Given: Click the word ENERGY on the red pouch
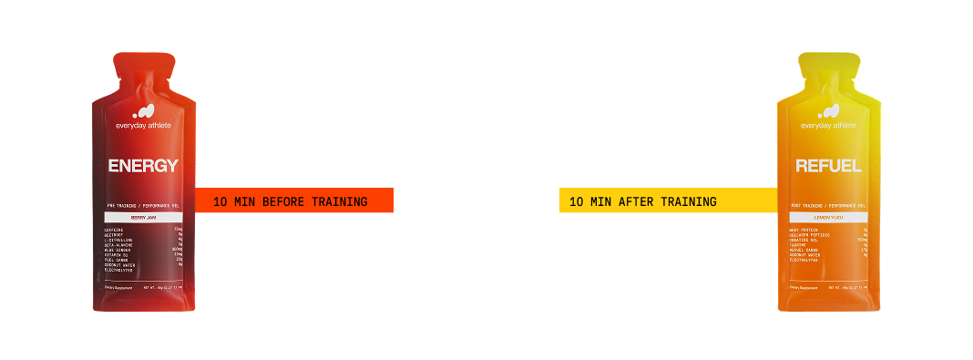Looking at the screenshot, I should pyautogui.click(x=142, y=166).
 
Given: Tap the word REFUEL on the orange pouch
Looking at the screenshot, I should pyautogui.click(x=827, y=166).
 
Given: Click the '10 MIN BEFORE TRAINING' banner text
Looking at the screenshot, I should pyautogui.click(x=289, y=201).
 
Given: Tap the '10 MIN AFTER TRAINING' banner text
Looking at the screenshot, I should pyautogui.click(x=642, y=201).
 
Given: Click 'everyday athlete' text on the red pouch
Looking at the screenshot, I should pyautogui.click(x=142, y=126).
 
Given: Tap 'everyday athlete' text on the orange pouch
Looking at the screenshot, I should pyautogui.click(x=827, y=126).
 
